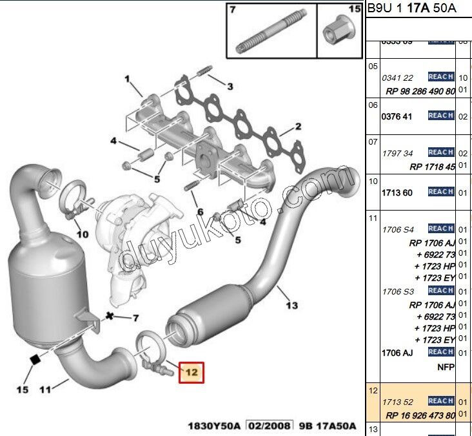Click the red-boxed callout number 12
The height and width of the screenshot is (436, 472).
point(192,372)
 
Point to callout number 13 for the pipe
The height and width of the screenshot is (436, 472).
point(291,305)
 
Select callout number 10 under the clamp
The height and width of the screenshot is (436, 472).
point(82,234)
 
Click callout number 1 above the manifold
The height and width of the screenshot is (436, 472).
point(128,80)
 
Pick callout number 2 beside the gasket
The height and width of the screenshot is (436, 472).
point(299,127)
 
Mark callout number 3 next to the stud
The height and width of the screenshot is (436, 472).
point(229,87)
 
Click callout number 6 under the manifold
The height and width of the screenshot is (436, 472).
point(200,212)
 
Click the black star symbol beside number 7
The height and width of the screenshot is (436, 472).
point(110,317)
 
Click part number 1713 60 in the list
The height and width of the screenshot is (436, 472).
point(397,192)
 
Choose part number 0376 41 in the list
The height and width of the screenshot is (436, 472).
point(397,116)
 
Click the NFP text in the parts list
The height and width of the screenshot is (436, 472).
point(446,367)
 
